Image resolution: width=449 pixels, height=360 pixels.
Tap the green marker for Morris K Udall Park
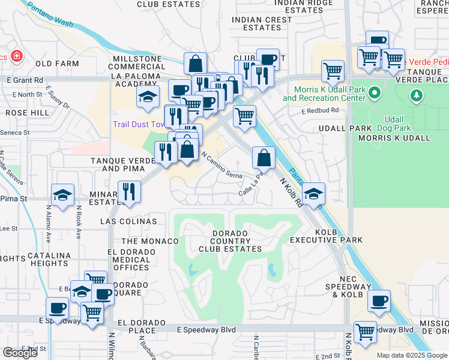coord(375,93)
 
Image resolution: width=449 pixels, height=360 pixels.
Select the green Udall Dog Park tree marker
coord(415,95)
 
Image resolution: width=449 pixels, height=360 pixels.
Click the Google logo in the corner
coord(20,353)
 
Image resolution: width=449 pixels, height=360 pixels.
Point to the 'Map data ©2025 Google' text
coord(412,355)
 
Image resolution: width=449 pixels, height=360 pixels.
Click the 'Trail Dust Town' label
coord(139,125)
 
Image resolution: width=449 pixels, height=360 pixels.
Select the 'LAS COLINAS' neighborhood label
coord(133,221)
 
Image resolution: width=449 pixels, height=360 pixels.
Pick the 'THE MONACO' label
coord(150,241)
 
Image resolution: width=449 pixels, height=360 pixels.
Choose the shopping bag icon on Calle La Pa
coord(264,158)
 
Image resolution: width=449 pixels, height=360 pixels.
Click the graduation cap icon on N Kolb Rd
coord(313,194)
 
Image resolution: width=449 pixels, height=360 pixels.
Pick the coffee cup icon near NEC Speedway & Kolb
coord(379,301)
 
